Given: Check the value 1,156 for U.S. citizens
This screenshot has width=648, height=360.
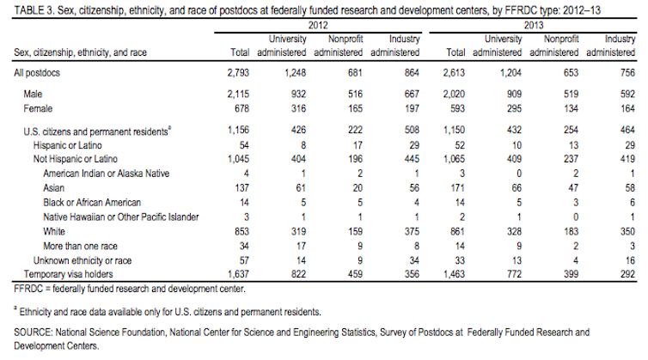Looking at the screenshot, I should [235, 131].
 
